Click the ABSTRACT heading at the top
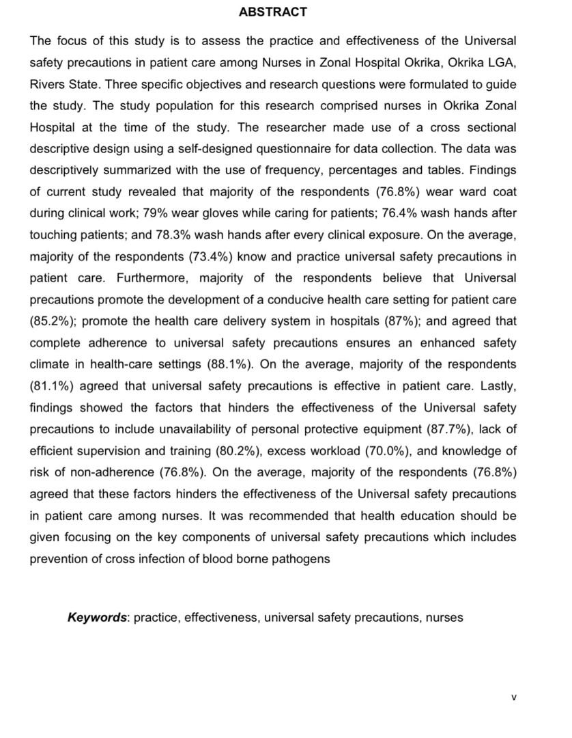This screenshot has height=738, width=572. pos(273,12)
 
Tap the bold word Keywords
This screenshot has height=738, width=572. pos(97,618)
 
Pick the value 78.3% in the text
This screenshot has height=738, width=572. pos(211,234)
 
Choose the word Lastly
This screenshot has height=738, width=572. pos(498,386)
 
